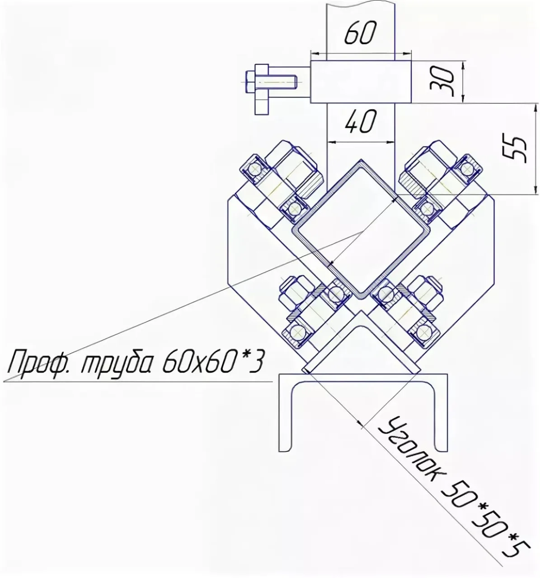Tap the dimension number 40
pos(360,121)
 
